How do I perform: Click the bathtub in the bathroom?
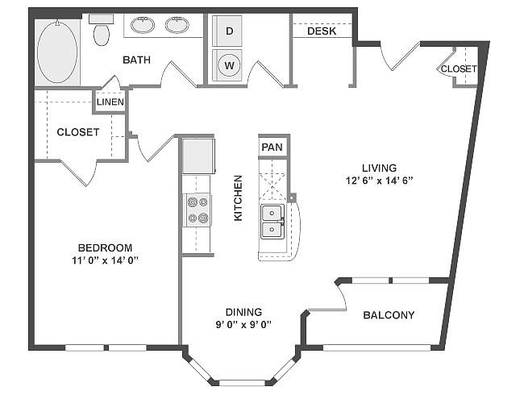pyautogui.click(x=57, y=52)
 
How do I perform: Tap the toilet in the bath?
pyautogui.click(x=102, y=31)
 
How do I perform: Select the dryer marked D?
pyautogui.click(x=227, y=31)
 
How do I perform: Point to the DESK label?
pyautogui.click(x=322, y=31)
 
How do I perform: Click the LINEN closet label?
pyautogui.click(x=110, y=102)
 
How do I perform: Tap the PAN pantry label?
pyautogui.click(x=272, y=147)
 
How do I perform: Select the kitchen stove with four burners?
pyautogui.click(x=198, y=210)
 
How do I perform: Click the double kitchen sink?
pyautogui.click(x=272, y=222)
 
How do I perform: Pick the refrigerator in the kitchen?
pyautogui.click(x=198, y=156)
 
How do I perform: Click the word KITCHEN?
pyautogui.click(x=238, y=197)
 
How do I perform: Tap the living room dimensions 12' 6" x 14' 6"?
pyautogui.click(x=380, y=181)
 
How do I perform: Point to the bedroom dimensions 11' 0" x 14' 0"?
pyautogui.click(x=105, y=260)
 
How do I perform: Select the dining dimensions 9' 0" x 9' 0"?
pyautogui.click(x=243, y=325)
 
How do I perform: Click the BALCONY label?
pyautogui.click(x=389, y=315)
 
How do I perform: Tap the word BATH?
pyautogui.click(x=137, y=60)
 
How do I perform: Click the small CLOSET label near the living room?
pyautogui.click(x=459, y=69)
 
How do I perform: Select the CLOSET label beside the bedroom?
pyautogui.click(x=78, y=132)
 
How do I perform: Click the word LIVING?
pyautogui.click(x=380, y=168)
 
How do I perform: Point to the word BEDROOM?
pyautogui.click(x=105, y=247)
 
